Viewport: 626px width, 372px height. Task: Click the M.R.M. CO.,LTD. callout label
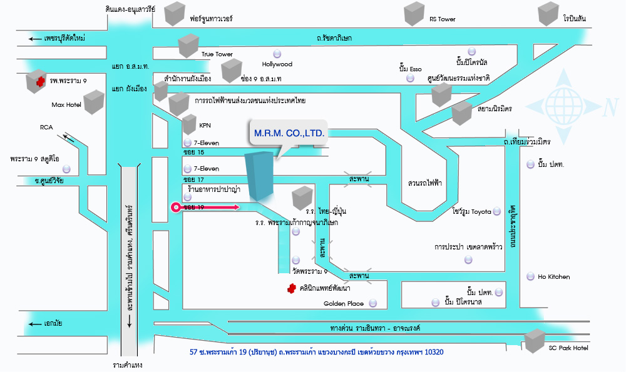coord(289,133)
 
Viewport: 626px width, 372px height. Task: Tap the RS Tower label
coord(442,19)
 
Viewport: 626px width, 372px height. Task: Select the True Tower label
coord(217,54)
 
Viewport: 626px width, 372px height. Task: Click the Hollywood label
coord(277,64)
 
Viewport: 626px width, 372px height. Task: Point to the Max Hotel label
coord(66,104)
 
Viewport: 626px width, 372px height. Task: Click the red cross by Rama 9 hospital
coord(40,81)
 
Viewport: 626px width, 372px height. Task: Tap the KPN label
coord(205,126)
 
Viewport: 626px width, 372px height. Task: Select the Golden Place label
coord(344,304)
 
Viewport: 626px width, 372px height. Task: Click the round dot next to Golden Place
coord(373,303)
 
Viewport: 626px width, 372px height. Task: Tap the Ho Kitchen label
coord(554,276)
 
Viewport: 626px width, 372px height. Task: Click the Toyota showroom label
coord(469,211)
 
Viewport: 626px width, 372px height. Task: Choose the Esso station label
coord(410,68)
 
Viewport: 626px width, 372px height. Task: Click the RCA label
coord(46,128)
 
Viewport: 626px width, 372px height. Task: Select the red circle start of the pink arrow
coord(177,207)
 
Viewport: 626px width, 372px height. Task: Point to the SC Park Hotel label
coord(568,348)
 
